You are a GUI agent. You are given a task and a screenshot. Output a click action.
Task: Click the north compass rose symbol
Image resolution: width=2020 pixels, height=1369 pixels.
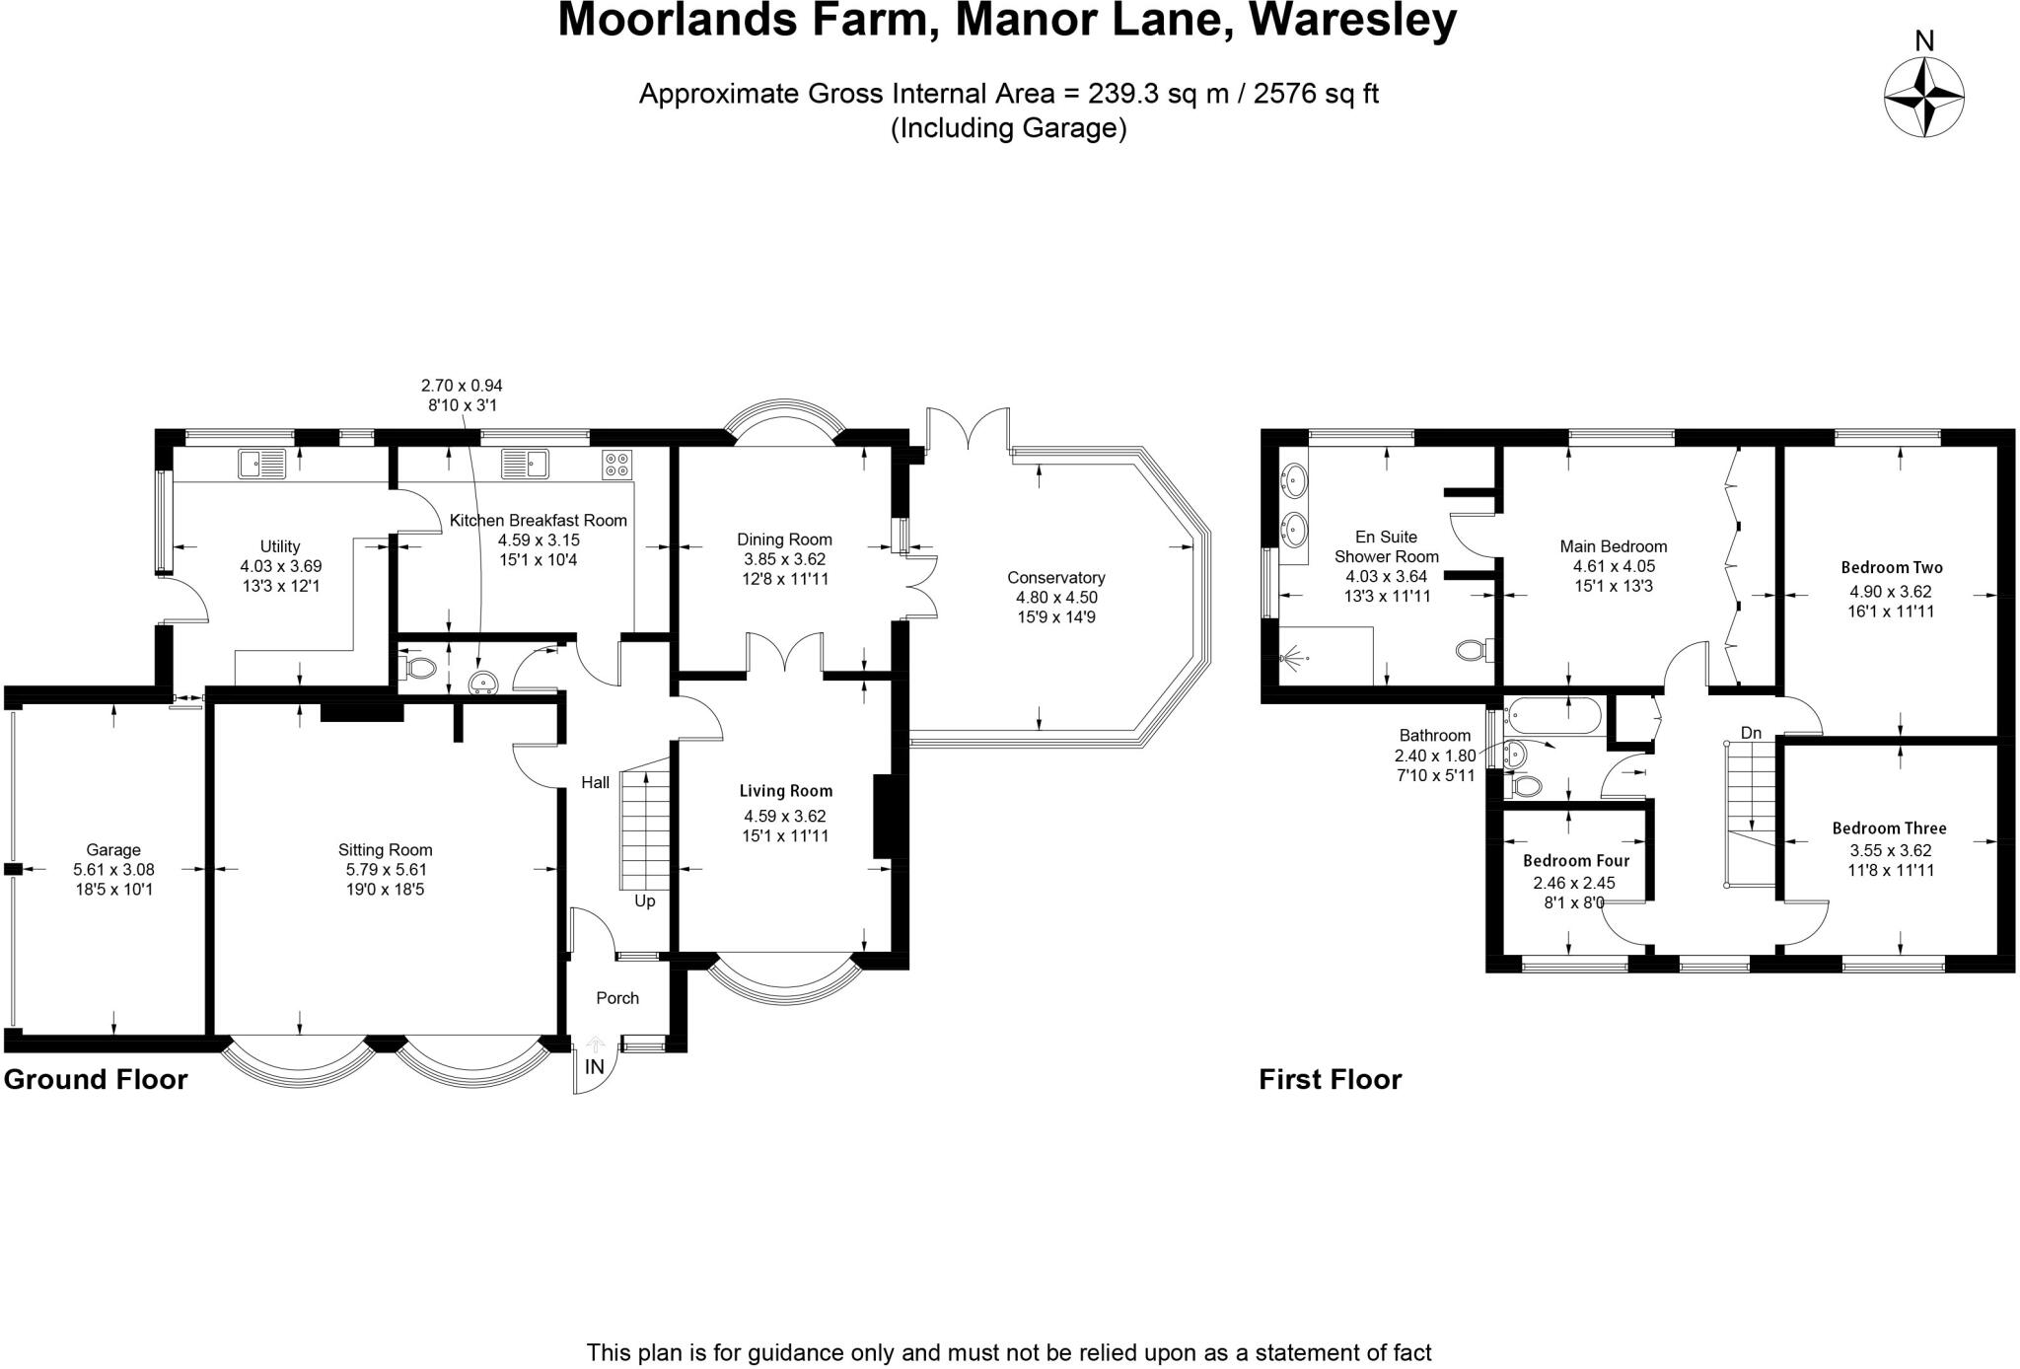pyautogui.click(x=1923, y=98)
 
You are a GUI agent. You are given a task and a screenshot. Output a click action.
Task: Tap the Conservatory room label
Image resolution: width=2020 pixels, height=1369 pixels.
pyautogui.click(x=1055, y=578)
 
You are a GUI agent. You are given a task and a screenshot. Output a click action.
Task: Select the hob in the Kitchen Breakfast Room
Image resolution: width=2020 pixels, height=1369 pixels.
pyautogui.click(x=617, y=464)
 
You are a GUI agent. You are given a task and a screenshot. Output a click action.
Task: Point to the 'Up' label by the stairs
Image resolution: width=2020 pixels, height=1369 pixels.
pyautogui.click(x=644, y=901)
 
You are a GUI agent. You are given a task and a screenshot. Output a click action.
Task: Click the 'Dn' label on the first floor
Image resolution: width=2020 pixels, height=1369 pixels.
pyautogui.click(x=1751, y=733)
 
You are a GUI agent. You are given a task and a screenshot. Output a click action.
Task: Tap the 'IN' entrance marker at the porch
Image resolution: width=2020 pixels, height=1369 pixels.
pyautogui.click(x=595, y=1067)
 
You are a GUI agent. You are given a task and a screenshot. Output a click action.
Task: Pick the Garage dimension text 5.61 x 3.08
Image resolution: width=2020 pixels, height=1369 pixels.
pyautogui.click(x=113, y=870)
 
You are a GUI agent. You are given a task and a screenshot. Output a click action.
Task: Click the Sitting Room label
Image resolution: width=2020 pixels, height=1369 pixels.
pyautogui.click(x=385, y=850)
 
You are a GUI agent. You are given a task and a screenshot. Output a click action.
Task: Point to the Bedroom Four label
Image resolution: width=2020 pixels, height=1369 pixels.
pyautogui.click(x=1575, y=861)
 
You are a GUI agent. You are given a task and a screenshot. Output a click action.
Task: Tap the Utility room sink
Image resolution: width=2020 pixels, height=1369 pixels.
pyautogui.click(x=261, y=463)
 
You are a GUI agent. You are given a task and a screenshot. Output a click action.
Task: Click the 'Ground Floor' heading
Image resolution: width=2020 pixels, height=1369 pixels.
pyautogui.click(x=96, y=1079)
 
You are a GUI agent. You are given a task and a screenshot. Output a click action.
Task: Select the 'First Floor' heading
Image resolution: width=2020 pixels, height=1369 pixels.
pyautogui.click(x=1330, y=1079)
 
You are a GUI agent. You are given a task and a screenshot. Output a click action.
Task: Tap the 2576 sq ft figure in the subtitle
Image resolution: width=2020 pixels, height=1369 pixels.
pyautogui.click(x=1316, y=94)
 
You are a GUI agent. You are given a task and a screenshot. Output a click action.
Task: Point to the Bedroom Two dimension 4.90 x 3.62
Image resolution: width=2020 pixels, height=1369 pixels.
pyautogui.click(x=1890, y=592)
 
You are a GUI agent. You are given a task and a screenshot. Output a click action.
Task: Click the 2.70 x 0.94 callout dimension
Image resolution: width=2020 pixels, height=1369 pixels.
pyautogui.click(x=462, y=386)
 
